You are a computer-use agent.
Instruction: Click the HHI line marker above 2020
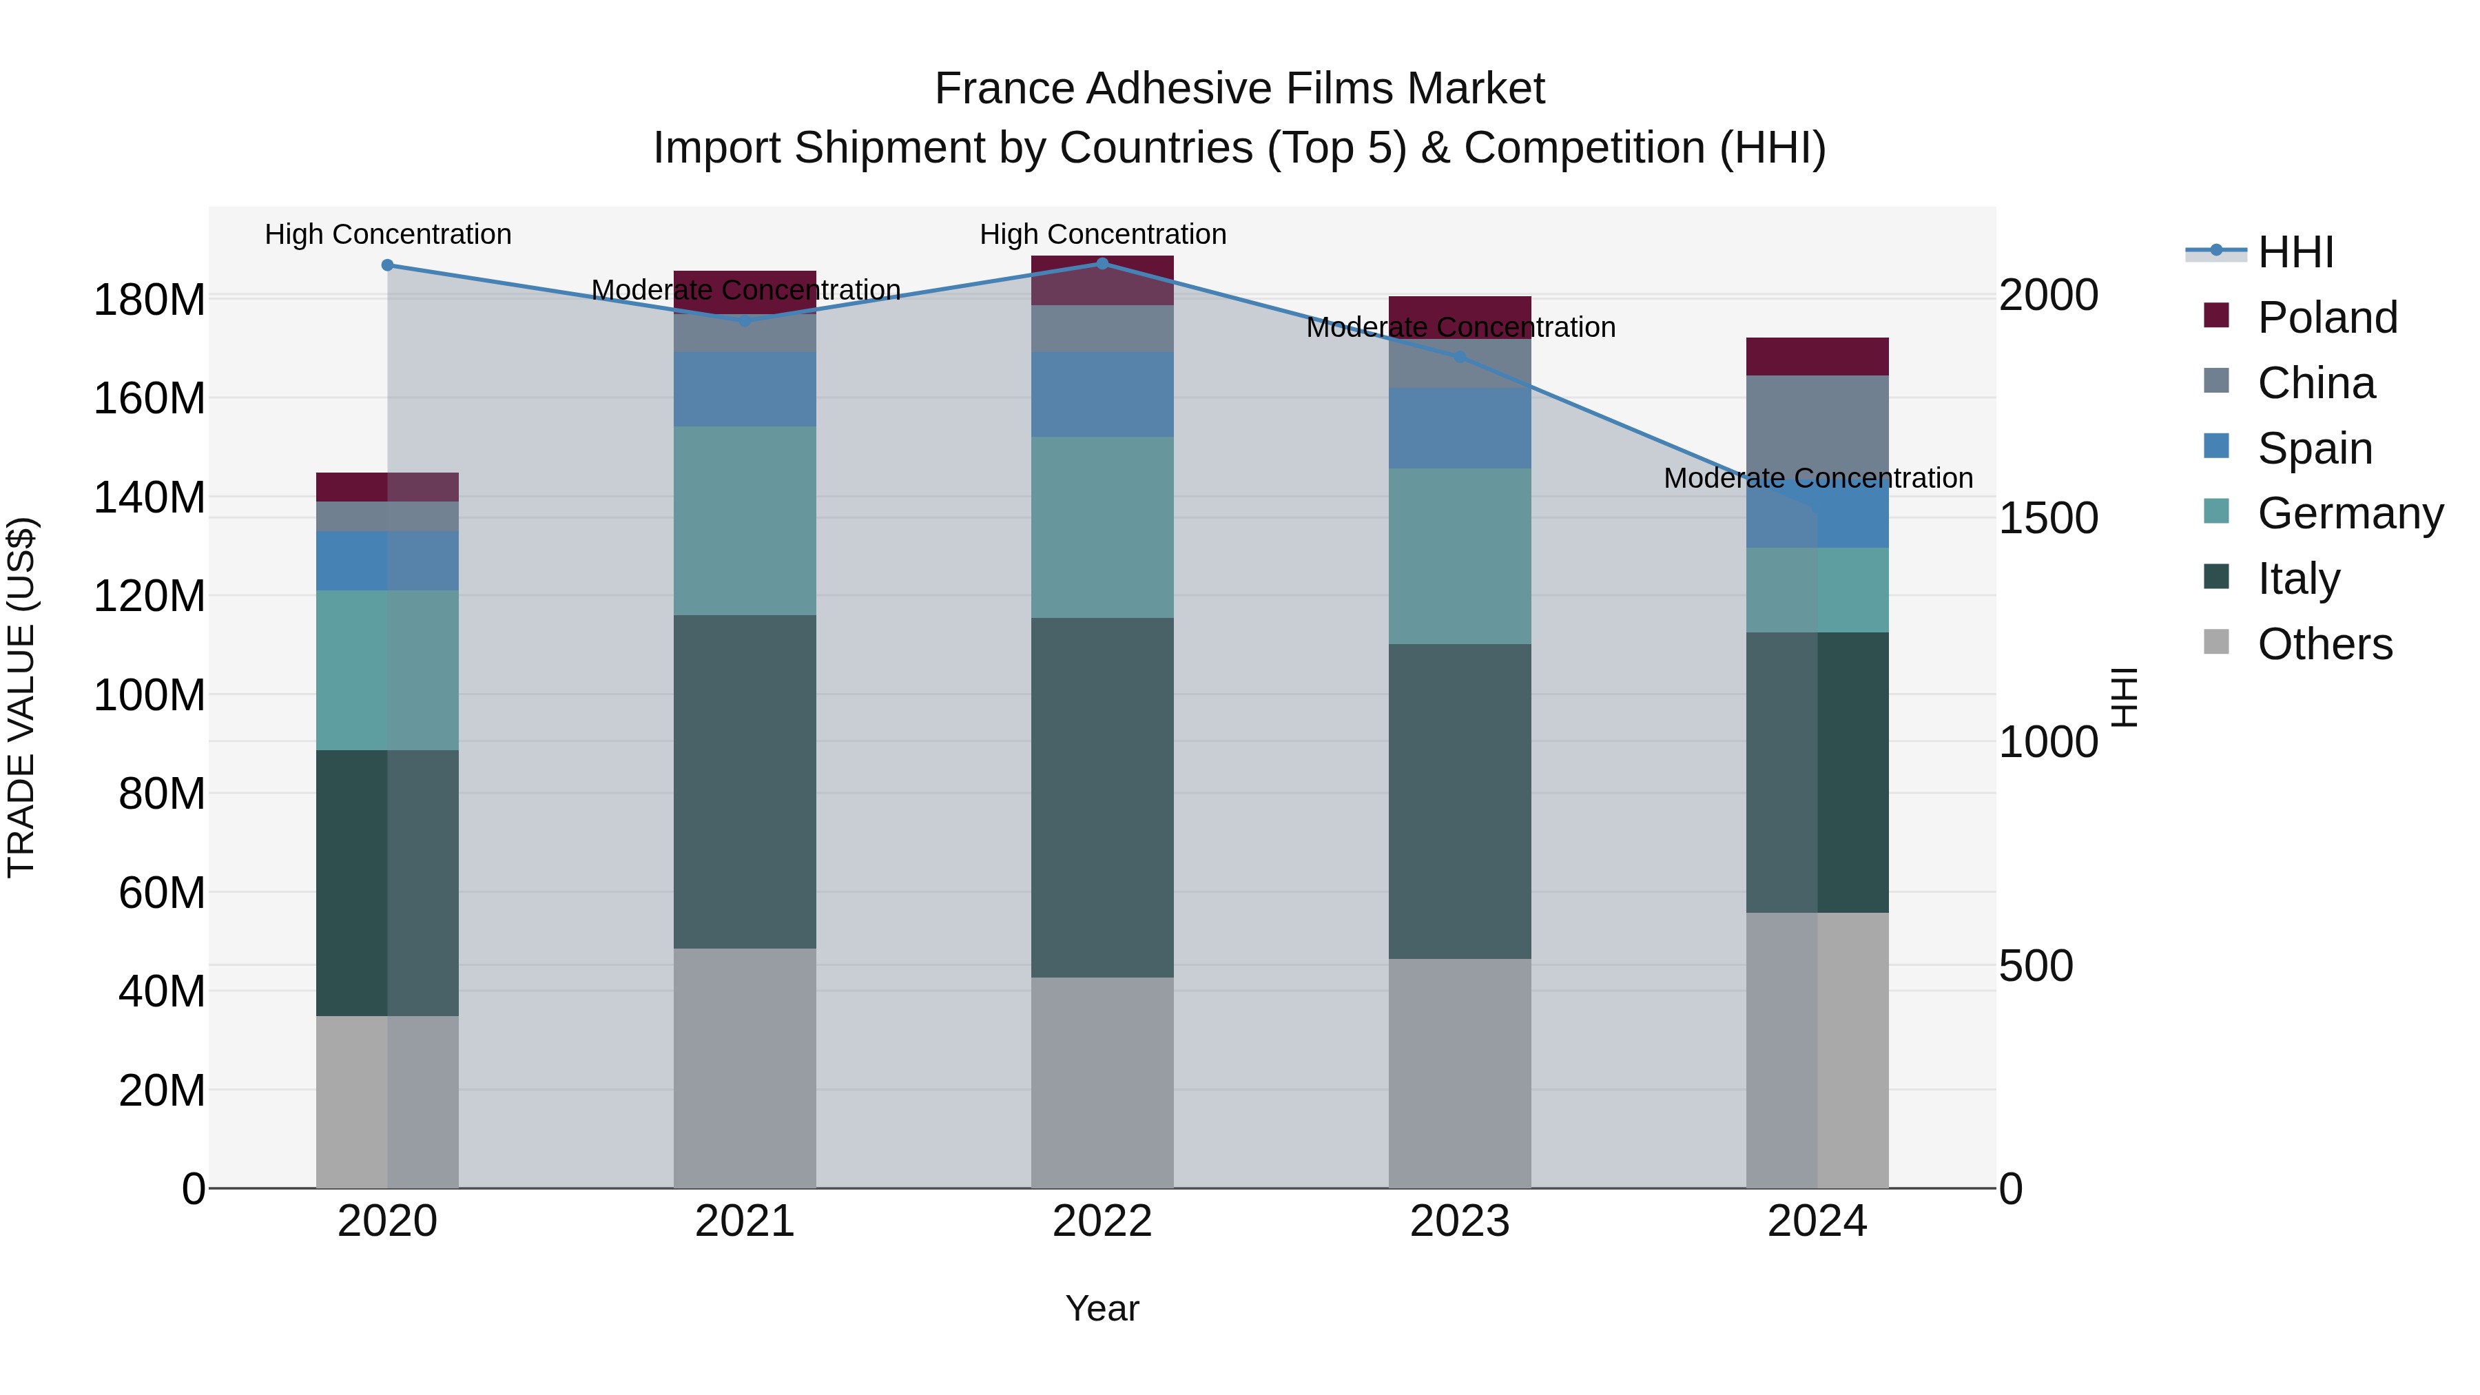pyautogui.click(x=387, y=265)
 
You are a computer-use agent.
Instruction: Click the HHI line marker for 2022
pyautogui.click(x=1102, y=263)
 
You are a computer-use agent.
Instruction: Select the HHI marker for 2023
pyautogui.click(x=1460, y=356)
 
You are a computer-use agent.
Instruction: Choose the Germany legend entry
pyautogui.click(x=2349, y=513)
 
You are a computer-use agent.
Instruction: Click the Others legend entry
pyautogui.click(x=2324, y=644)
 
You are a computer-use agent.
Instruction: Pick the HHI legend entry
pyautogui.click(x=2295, y=252)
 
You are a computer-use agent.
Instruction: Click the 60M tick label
pyautogui.click(x=161, y=892)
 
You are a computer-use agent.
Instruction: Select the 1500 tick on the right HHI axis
pyautogui.click(x=2048, y=518)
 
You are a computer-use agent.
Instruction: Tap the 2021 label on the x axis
pyautogui.click(x=744, y=1221)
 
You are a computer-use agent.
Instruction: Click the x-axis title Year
pyautogui.click(x=1102, y=1308)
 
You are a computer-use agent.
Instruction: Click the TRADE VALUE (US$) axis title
pyautogui.click(x=21, y=697)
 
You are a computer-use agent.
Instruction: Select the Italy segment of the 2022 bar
pyautogui.click(x=1102, y=797)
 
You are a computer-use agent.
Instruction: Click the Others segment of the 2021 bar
pyautogui.click(x=744, y=1068)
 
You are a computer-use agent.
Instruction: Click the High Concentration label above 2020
pyautogui.click(x=387, y=234)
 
